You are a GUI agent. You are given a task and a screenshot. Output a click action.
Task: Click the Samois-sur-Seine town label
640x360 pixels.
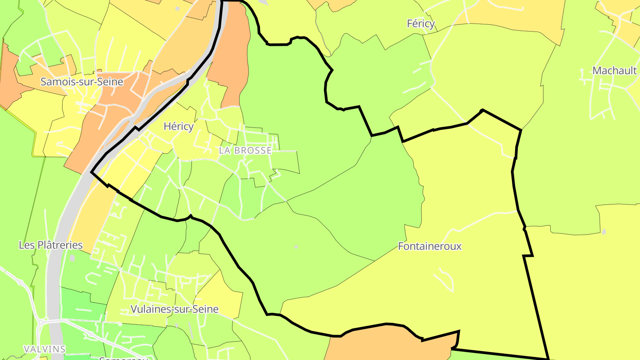[x=82, y=82]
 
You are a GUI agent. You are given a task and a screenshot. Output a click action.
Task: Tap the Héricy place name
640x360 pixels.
[x=179, y=127]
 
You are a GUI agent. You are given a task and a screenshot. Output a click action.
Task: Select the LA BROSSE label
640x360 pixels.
[x=245, y=151]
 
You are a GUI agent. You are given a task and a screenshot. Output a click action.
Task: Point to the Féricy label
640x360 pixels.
[x=420, y=24]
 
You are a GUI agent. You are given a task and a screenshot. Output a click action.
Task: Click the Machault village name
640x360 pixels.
[x=615, y=71]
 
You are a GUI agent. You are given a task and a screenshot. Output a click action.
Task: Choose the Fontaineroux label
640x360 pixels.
[x=430, y=246]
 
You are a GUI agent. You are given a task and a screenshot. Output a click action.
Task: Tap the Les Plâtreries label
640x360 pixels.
[x=51, y=245]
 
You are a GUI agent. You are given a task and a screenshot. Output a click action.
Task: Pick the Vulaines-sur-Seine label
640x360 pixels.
[x=174, y=309]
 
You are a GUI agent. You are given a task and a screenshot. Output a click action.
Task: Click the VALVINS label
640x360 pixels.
[x=44, y=349]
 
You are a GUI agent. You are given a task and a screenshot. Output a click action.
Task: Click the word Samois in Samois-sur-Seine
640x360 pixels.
[x=56, y=82]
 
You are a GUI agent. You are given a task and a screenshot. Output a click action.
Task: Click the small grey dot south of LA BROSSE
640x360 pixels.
[x=296, y=247]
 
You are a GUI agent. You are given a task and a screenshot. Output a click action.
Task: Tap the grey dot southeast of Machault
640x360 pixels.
[x=604, y=232]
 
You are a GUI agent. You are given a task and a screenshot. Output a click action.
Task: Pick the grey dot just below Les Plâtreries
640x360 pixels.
[x=72, y=258]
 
